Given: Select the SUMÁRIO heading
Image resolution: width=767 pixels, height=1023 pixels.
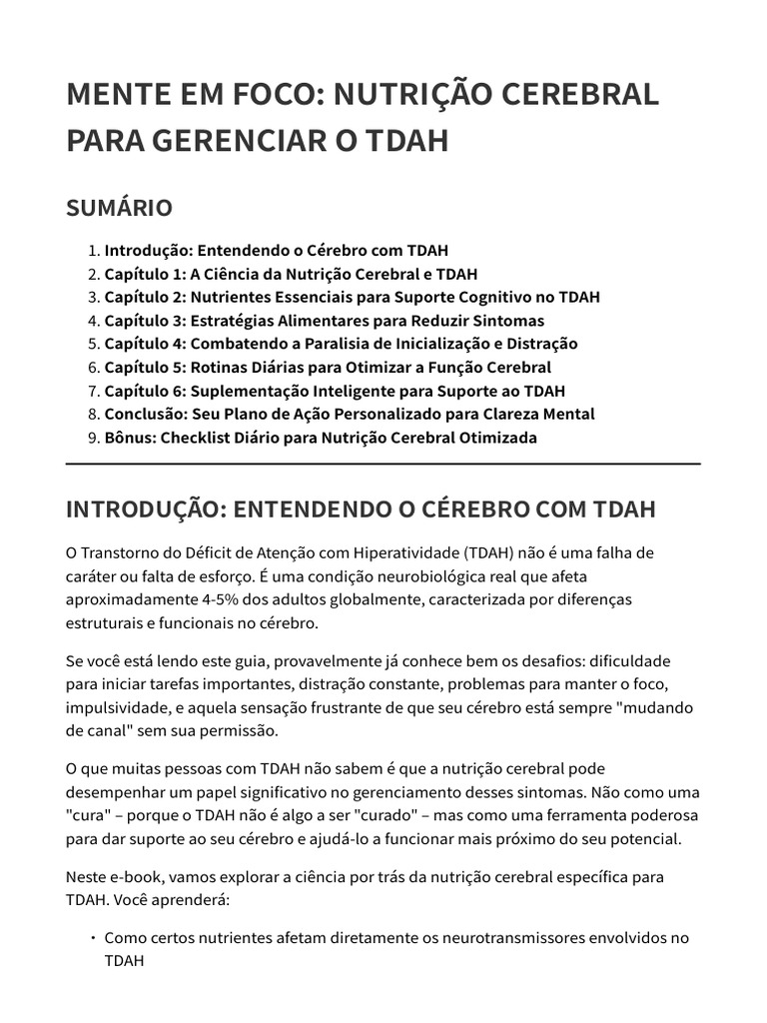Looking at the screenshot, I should pyautogui.click(x=119, y=208).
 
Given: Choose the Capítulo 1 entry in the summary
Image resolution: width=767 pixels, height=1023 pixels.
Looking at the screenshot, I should pyautogui.click(x=291, y=274).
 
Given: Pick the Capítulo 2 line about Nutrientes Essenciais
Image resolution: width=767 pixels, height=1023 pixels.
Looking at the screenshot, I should pyautogui.click(x=352, y=297).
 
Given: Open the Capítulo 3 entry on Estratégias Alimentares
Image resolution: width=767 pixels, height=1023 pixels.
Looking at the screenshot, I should pyautogui.click(x=324, y=321).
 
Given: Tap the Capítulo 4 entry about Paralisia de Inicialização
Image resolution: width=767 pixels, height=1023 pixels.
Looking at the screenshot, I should pyautogui.click(x=341, y=344).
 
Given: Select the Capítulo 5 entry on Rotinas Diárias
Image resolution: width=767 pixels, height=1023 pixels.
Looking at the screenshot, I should pyautogui.click(x=328, y=367).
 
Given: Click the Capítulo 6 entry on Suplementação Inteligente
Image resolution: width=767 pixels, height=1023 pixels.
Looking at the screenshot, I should pyautogui.click(x=335, y=391).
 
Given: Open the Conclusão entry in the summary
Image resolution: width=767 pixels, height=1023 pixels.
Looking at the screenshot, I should pyautogui.click(x=350, y=414).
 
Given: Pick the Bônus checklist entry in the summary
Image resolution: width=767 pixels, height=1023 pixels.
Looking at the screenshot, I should pyautogui.click(x=320, y=438).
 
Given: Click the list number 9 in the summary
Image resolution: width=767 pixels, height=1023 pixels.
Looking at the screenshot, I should pyautogui.click(x=93, y=438).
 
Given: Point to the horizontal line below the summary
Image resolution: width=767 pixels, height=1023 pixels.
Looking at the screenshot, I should pyautogui.click(x=383, y=465).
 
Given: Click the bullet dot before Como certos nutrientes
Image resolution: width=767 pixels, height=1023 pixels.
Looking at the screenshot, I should pyautogui.click(x=93, y=938).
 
